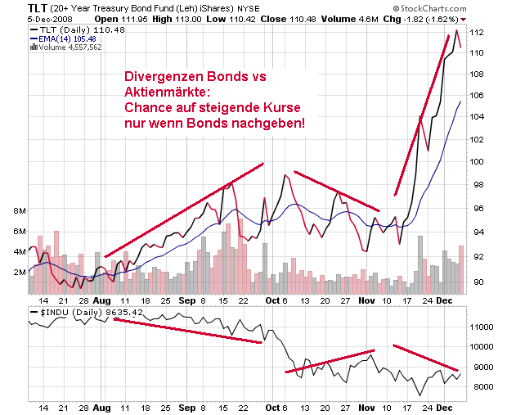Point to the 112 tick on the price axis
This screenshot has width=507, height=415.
(481, 32)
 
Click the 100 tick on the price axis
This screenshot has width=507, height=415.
(481, 160)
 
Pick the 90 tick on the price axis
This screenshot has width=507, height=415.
(481, 282)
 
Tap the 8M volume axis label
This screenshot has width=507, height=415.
(16, 211)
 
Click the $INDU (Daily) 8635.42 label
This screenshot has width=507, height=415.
(75, 312)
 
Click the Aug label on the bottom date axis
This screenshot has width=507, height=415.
(101, 406)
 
